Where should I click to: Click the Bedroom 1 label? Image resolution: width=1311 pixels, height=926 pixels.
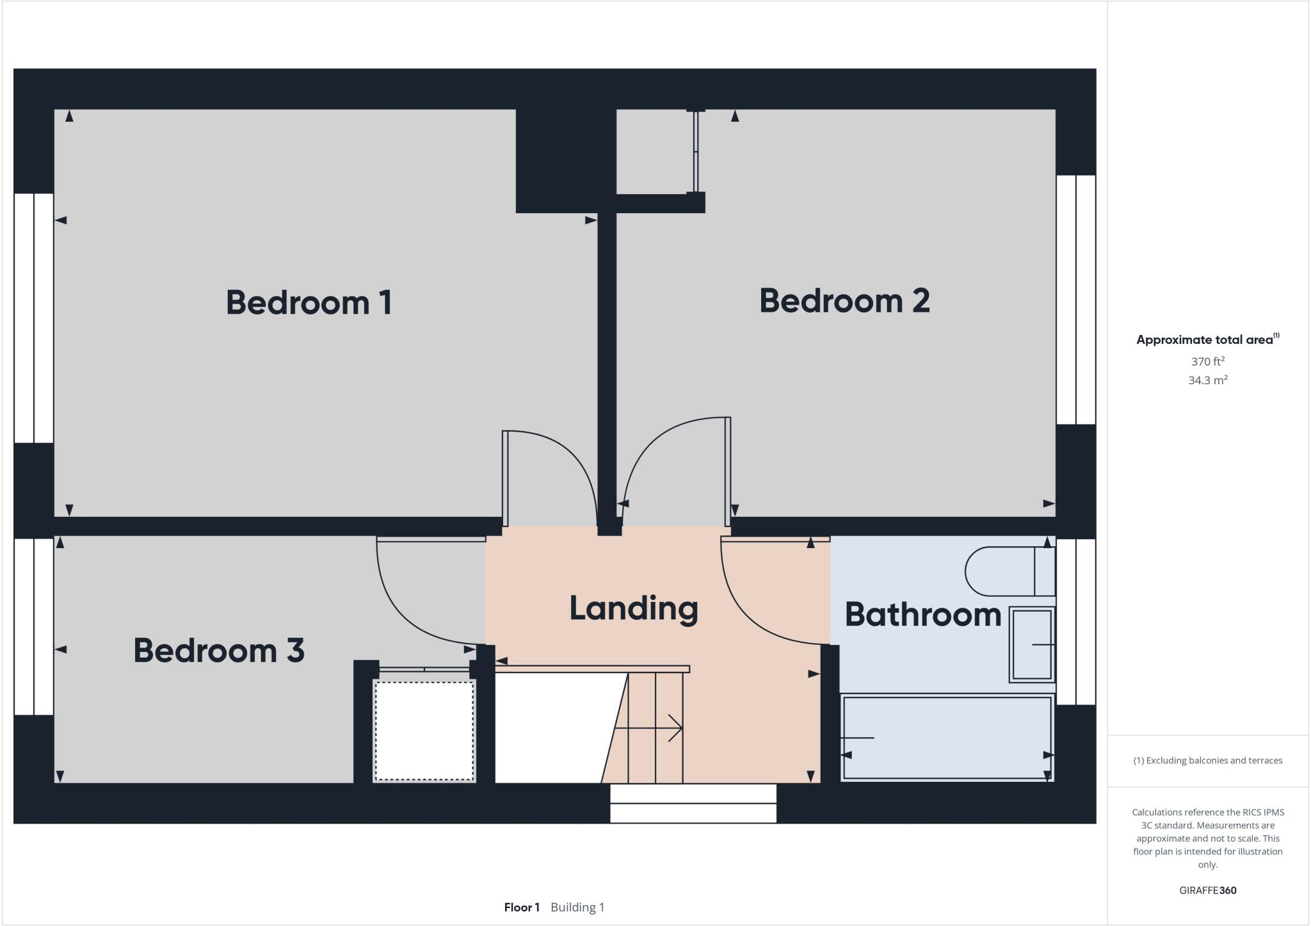pyautogui.click(x=309, y=302)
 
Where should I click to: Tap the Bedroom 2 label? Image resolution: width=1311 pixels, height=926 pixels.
pyautogui.click(x=844, y=300)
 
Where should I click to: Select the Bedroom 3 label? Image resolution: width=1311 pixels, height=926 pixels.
pyautogui.click(x=218, y=650)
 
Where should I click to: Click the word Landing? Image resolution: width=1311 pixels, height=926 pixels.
pyautogui.click(x=633, y=608)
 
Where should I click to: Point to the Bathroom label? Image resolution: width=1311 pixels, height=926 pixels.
pyautogui.click(x=922, y=614)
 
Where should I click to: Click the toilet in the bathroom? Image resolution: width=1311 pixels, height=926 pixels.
pyautogui.click(x=1008, y=571)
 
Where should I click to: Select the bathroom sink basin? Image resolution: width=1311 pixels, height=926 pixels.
pyautogui.click(x=1031, y=644)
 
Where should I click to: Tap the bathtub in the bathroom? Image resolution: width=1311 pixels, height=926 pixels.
pyautogui.click(x=946, y=738)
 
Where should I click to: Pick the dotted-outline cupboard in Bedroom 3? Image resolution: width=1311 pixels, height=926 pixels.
pyautogui.click(x=424, y=731)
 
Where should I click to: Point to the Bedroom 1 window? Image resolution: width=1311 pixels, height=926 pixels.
pyautogui.click(x=33, y=318)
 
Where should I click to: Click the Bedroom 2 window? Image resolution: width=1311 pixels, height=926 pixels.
pyautogui.click(x=1075, y=300)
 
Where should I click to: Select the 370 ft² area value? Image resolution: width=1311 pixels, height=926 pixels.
pyautogui.click(x=1207, y=361)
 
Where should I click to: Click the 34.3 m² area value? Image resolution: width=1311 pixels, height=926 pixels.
pyautogui.click(x=1207, y=380)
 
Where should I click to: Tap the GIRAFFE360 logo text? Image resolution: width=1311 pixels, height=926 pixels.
pyautogui.click(x=1207, y=890)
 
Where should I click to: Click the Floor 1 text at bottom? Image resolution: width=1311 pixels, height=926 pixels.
pyautogui.click(x=522, y=907)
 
